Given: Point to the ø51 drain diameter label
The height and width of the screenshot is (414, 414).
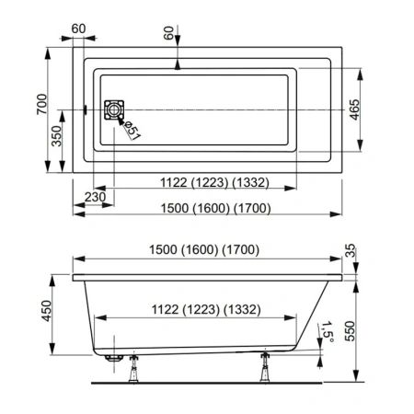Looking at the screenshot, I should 131,131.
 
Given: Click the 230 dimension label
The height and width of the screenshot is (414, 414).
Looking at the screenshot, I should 94,196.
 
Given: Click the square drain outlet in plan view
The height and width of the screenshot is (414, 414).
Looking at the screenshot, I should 113,110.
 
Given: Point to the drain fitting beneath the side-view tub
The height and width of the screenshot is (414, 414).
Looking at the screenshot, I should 113,354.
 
